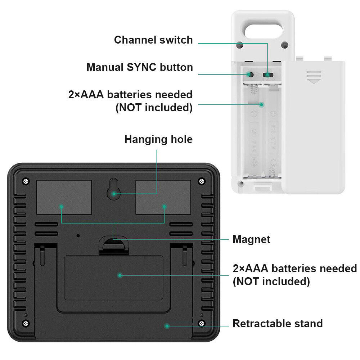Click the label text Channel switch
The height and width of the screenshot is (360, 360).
point(153,40)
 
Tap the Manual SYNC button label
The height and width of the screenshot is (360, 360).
point(140,67)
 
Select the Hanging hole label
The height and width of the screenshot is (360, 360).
point(158,139)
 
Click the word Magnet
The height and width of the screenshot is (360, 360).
point(251,239)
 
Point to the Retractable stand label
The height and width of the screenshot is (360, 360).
point(278,323)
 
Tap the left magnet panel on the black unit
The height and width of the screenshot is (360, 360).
point(64,197)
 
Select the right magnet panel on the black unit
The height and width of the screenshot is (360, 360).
point(163,197)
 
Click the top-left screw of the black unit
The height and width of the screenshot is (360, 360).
point(26,181)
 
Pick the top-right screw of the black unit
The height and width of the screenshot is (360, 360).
point(201,181)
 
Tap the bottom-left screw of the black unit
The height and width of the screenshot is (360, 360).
point(26,323)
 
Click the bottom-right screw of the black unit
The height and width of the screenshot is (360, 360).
point(201,323)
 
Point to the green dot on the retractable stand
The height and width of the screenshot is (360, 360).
point(167,326)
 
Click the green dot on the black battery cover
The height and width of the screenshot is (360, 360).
point(120,275)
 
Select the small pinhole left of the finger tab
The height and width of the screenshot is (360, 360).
point(78,235)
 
